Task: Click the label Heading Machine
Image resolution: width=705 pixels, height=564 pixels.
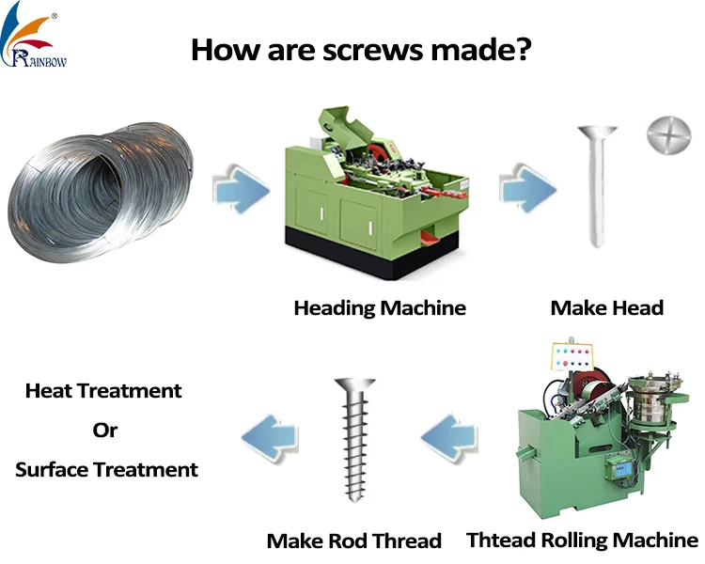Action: coord(380,307)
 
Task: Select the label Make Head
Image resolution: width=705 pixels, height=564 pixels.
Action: coord(607,307)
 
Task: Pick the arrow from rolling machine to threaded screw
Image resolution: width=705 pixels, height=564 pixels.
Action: coord(449,436)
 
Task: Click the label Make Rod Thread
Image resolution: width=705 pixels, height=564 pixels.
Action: coord(354,540)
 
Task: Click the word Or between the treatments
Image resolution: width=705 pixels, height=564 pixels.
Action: coord(105,430)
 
